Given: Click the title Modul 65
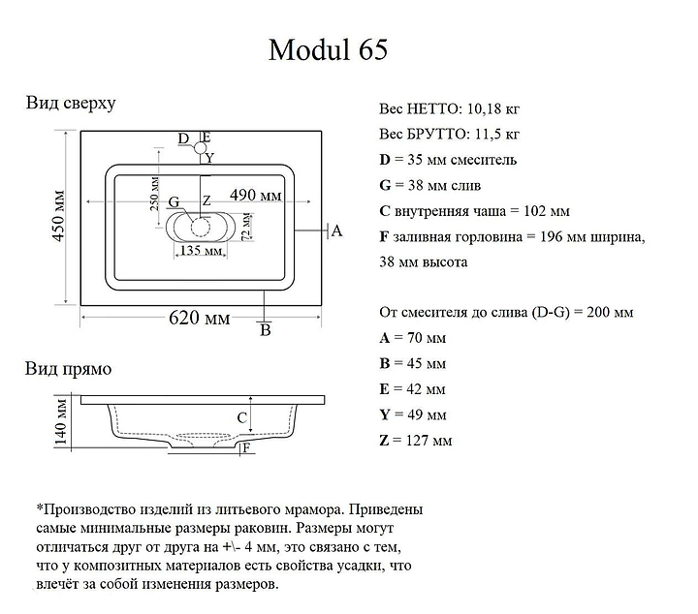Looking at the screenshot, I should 327,50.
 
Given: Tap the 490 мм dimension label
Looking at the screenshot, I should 256,196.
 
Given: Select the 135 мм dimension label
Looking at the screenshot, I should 200,251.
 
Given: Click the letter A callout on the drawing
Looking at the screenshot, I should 336,230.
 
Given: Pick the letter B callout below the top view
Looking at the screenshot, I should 265,331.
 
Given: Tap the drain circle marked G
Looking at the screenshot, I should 200,228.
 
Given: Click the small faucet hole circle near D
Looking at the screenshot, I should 201,148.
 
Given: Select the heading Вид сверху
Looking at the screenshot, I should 71,104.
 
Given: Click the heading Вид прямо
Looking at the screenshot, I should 68,369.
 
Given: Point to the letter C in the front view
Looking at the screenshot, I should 242,417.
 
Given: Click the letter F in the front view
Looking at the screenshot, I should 247,447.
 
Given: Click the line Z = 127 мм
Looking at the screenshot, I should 415,441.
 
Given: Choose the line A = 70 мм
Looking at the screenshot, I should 412,338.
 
